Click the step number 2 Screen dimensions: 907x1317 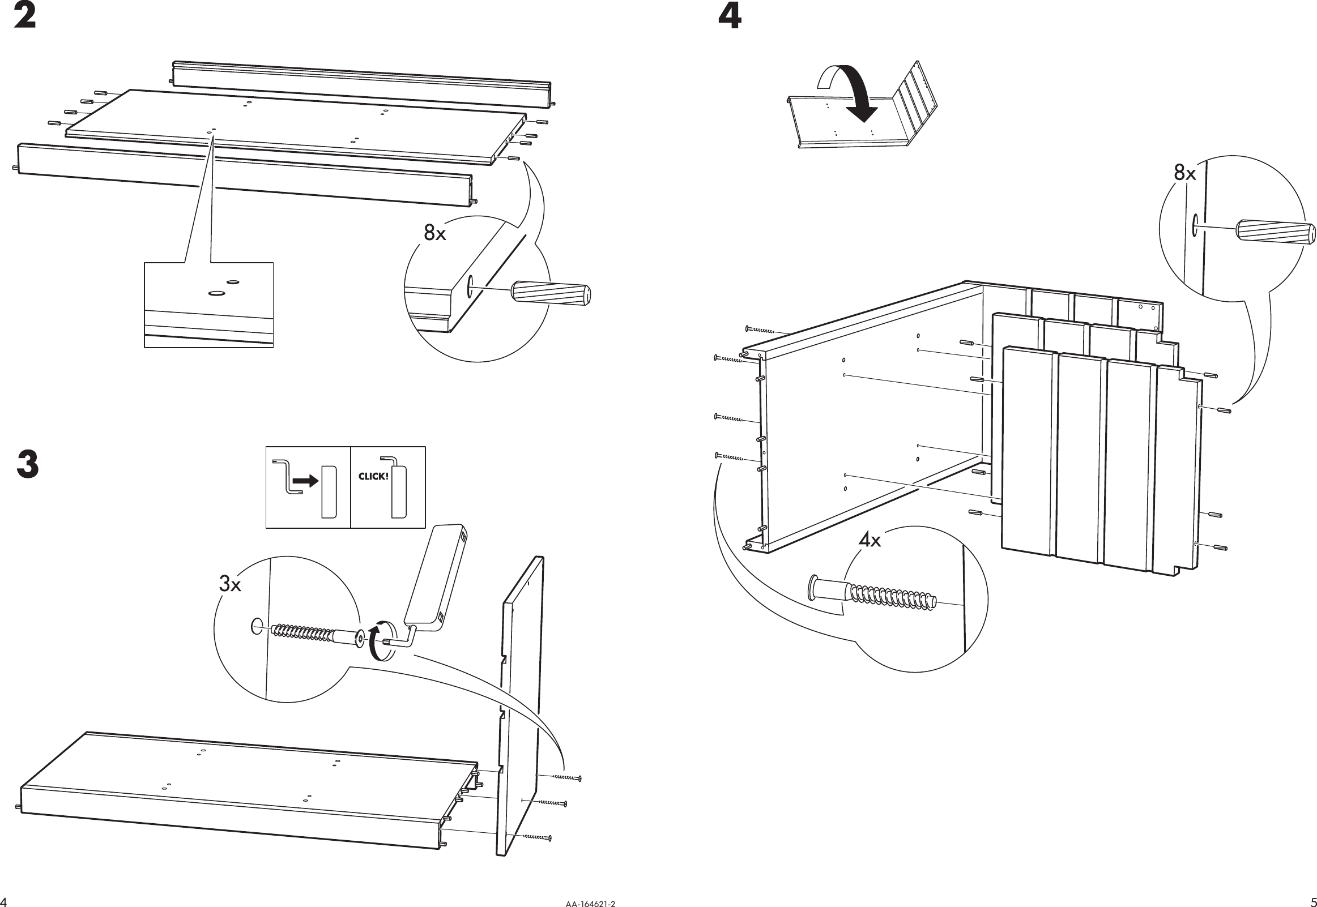[24, 16]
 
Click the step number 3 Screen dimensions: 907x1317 [27, 464]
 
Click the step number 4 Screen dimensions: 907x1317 [730, 16]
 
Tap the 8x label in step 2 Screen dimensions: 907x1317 [435, 233]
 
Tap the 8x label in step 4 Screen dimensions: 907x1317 [1184, 173]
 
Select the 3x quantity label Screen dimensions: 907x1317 [230, 584]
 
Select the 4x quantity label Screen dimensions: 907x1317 [869, 540]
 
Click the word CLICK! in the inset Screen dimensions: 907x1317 [373, 476]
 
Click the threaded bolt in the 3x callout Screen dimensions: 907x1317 [310, 635]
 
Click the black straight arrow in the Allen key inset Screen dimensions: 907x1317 [307, 481]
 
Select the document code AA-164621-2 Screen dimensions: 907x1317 [590, 903]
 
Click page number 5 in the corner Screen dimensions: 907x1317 [1312, 902]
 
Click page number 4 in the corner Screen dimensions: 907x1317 [4, 902]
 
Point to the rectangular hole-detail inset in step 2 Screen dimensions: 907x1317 [208, 305]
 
